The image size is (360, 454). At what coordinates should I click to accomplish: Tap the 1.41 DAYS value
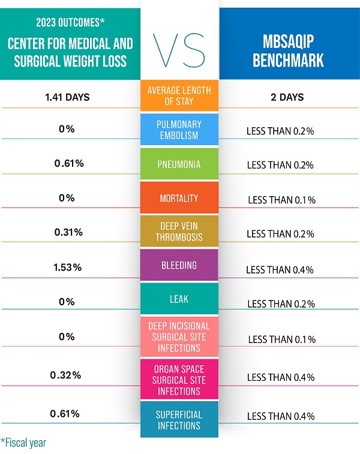pyautogui.click(x=67, y=97)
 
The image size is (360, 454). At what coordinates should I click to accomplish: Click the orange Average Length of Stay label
pyautogui.click(x=179, y=97)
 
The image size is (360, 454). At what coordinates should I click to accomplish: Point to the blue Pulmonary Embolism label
pyautogui.click(x=179, y=130)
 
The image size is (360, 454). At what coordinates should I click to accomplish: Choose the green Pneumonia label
pyautogui.click(x=179, y=164)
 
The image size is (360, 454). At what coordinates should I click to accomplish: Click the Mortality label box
pyautogui.click(x=179, y=198)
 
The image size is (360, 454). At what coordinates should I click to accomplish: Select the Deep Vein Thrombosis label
pyautogui.click(x=179, y=232)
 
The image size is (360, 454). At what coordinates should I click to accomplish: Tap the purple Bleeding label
pyautogui.click(x=179, y=265)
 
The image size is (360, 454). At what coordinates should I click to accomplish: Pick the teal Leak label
pyautogui.click(x=179, y=299)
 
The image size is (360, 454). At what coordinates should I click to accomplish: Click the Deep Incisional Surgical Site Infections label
pyautogui.click(x=179, y=334)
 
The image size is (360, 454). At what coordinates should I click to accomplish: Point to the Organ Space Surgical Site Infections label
pyautogui.click(x=179, y=380)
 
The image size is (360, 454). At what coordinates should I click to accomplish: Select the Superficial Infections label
pyautogui.click(x=179, y=420)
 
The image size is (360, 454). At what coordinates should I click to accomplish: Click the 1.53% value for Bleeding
pyautogui.click(x=67, y=267)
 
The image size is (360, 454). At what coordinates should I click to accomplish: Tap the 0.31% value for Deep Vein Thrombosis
pyautogui.click(x=67, y=233)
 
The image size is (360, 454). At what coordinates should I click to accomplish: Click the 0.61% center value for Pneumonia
pyautogui.click(x=67, y=163)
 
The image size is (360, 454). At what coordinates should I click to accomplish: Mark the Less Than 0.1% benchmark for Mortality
pyautogui.click(x=281, y=200)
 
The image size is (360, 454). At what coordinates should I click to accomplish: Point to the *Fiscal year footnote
pyautogui.click(x=24, y=443)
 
